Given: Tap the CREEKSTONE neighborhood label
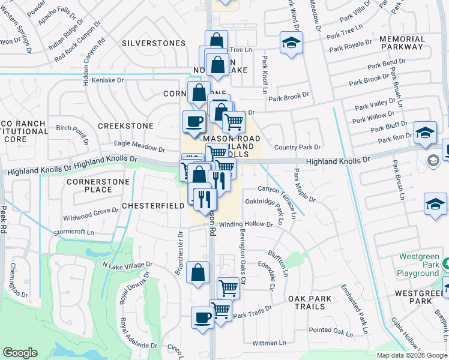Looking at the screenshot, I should click(125, 126).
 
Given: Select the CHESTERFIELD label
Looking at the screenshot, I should click(153, 205).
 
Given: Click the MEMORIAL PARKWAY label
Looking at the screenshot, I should click(402, 43).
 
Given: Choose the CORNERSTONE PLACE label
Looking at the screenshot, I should click(89, 185).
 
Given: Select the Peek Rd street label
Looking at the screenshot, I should click(4, 218).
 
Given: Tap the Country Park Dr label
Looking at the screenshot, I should click(297, 147).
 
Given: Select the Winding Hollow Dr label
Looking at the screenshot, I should click(246, 224).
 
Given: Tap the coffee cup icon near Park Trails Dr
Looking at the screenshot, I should click(202, 317).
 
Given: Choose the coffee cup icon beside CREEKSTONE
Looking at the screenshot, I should click(194, 122).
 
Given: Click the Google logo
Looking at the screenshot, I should click(20, 353).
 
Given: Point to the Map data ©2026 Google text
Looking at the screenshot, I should click(411, 355).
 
